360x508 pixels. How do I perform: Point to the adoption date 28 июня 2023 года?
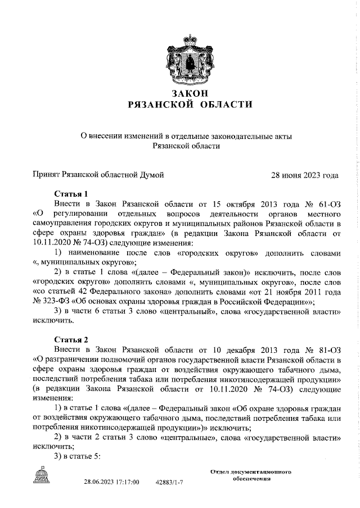(x=305, y=175)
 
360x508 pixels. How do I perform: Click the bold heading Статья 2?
(x=71, y=339)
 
